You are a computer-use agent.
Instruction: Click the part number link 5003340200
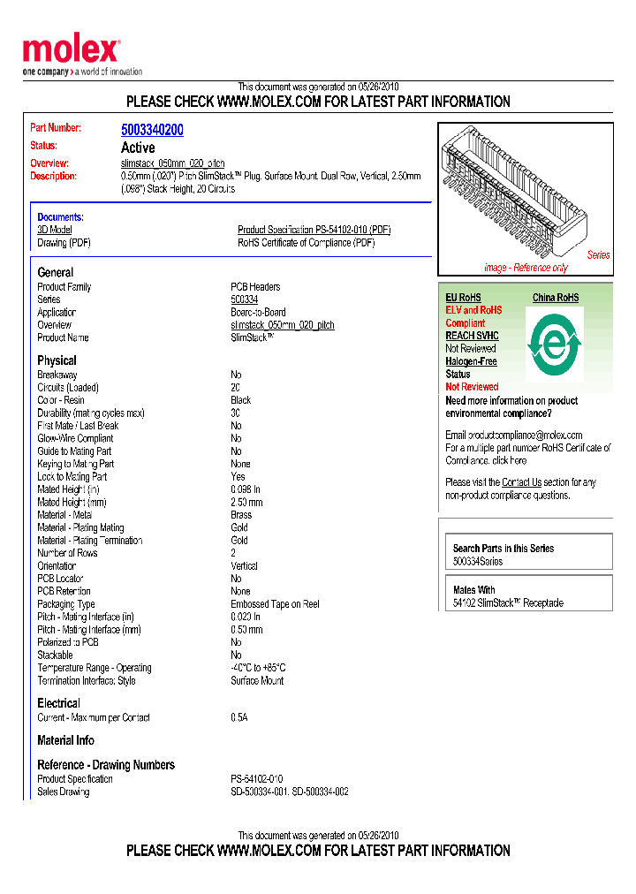pyautogui.click(x=152, y=130)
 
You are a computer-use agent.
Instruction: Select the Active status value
pyautogui.click(x=138, y=148)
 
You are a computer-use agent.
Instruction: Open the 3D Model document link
pyautogui.click(x=55, y=230)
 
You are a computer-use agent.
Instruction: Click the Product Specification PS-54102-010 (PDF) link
pyautogui.click(x=314, y=230)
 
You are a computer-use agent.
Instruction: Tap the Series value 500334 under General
pyautogui.click(x=244, y=300)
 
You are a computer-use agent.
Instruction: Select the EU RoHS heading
pyautogui.click(x=463, y=298)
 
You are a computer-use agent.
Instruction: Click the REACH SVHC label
pyautogui.click(x=472, y=336)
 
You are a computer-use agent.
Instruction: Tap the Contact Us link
pyautogui.click(x=521, y=482)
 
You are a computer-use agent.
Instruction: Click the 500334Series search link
pyautogui.click(x=477, y=562)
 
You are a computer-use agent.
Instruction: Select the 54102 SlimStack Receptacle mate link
pyautogui.click(x=508, y=603)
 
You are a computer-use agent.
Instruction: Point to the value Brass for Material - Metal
pyautogui.click(x=241, y=515)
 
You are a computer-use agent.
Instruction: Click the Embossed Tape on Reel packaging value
pyautogui.click(x=275, y=604)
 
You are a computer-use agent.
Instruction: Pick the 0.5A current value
pyautogui.click(x=239, y=718)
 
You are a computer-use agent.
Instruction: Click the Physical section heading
pyautogui.click(x=57, y=360)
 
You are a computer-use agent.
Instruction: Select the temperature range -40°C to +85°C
pyautogui.click(x=258, y=668)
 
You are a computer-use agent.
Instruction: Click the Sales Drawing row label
pyautogui.click(x=64, y=792)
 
